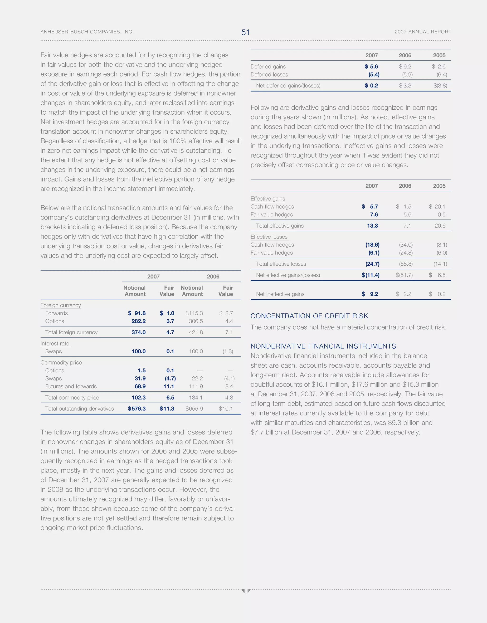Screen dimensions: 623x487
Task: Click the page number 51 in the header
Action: click(x=245, y=32)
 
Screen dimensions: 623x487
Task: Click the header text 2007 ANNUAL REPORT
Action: click(x=423, y=32)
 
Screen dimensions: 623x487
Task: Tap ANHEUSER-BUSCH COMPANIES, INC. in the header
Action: click(x=87, y=32)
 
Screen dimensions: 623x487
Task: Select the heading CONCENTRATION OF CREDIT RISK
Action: click(x=309, y=316)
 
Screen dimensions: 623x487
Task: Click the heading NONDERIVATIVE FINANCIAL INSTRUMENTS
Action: click(x=323, y=346)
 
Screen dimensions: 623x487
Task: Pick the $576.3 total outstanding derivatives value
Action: click(x=137, y=409)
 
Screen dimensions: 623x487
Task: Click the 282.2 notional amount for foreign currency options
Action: click(x=138, y=321)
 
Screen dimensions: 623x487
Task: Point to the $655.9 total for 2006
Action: click(x=194, y=409)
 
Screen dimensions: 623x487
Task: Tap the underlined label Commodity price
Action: click(x=61, y=362)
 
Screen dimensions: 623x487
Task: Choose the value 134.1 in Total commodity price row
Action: click(x=196, y=397)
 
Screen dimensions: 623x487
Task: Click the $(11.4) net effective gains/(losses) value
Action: click(x=370, y=275)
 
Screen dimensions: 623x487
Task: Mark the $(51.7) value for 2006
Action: click(x=404, y=275)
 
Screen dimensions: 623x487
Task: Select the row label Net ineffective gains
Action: click(x=280, y=294)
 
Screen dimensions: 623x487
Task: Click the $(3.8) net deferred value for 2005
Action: click(x=440, y=85)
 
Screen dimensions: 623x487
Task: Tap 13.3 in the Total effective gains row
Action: click(x=372, y=226)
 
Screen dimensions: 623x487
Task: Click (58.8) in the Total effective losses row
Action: click(x=406, y=264)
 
